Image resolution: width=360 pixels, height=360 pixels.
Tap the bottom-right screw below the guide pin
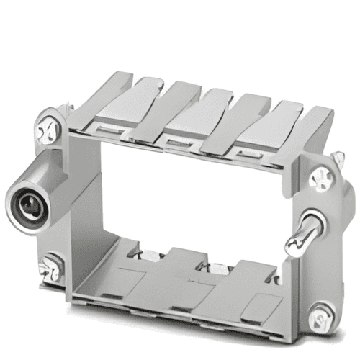coord(321,314)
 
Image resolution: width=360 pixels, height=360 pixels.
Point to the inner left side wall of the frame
coord(86,209)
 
